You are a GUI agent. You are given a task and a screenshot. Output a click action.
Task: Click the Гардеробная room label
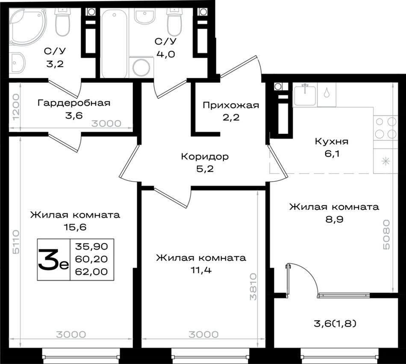pyautogui.click(x=74, y=103)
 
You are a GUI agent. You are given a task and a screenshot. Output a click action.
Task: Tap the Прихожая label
pyautogui.click(x=231, y=106)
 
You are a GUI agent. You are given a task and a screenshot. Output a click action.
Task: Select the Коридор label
pyautogui.click(x=205, y=157)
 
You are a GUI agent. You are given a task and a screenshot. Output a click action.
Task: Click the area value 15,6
pyautogui.click(x=75, y=227)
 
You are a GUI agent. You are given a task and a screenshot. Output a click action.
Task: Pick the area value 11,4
pyautogui.click(x=201, y=270)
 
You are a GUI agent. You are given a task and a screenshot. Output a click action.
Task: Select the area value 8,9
pyautogui.click(x=334, y=219)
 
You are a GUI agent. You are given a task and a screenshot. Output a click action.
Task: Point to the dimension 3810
pyautogui.click(x=253, y=287)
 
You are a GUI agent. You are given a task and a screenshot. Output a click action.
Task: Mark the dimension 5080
pyautogui.click(x=386, y=235)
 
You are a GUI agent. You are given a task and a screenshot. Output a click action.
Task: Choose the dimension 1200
pyautogui.click(x=16, y=107)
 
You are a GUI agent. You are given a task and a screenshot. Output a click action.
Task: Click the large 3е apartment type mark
pyautogui.click(x=53, y=260)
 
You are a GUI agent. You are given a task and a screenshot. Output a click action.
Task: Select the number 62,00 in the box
pyautogui.click(x=91, y=272)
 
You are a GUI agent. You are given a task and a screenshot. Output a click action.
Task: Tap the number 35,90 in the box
pyautogui.click(x=91, y=246)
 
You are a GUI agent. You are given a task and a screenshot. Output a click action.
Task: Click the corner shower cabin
pyautogui.click(x=28, y=27)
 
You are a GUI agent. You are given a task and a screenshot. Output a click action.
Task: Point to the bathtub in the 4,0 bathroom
pyautogui.click(x=114, y=43)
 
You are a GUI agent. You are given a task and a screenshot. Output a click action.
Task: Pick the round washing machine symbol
pyautogui.click(x=141, y=67)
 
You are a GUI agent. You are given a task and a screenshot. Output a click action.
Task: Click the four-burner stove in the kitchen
pyautogui.click(x=386, y=128)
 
